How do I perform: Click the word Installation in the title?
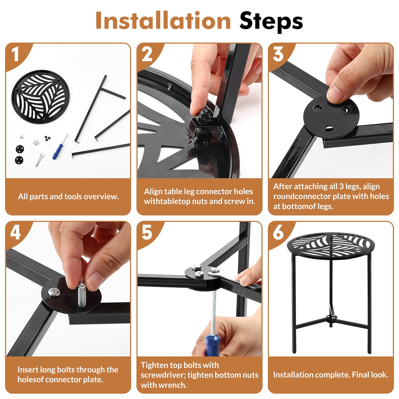click(x=163, y=21)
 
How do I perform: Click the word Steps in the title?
click(x=271, y=21)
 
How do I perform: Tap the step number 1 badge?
click(x=15, y=55)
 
